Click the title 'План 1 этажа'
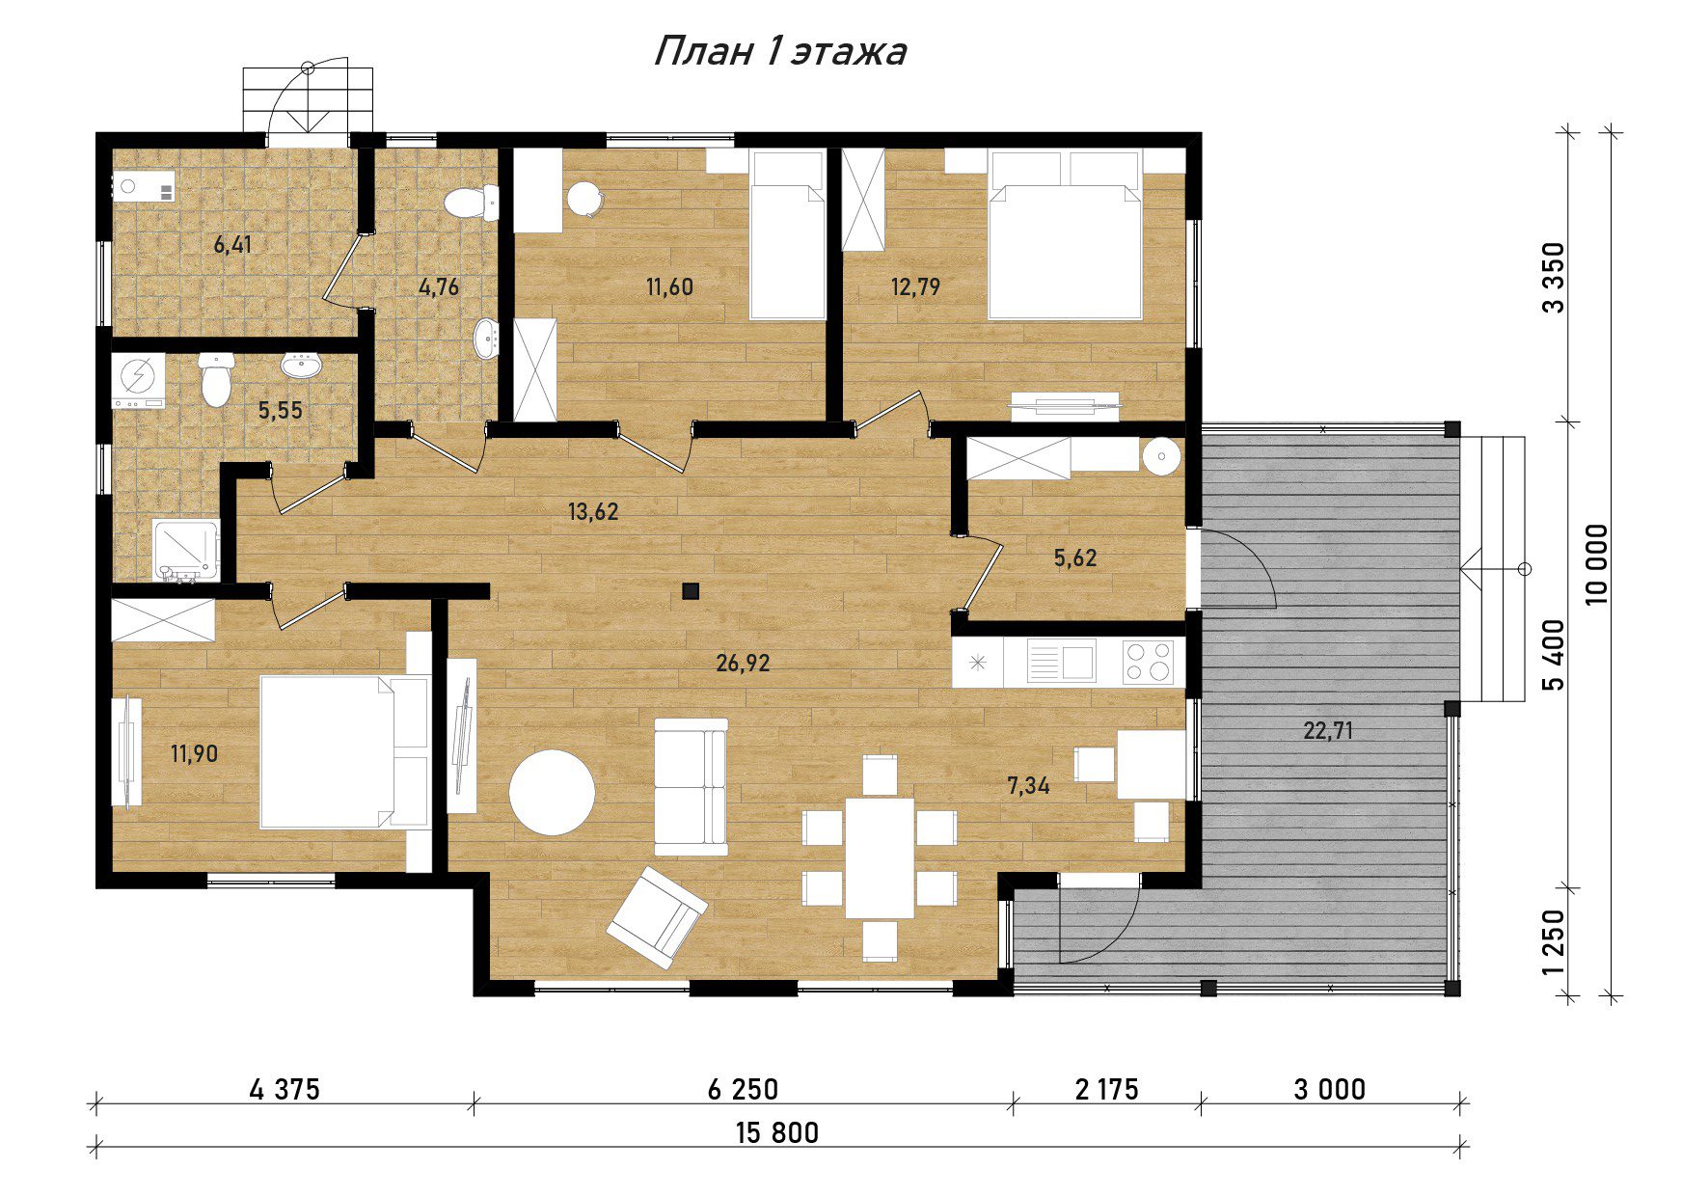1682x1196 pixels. pyautogui.click(x=779, y=51)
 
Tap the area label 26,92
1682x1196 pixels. pyautogui.click(x=743, y=663)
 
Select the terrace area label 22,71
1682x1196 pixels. pyautogui.click(x=1328, y=731)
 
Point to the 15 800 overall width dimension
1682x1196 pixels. pyautogui.click(x=777, y=1132)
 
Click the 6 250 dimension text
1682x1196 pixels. pyautogui.click(x=743, y=1090)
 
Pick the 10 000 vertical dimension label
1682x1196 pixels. pyautogui.click(x=1597, y=564)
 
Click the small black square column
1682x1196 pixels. pyautogui.click(x=690, y=591)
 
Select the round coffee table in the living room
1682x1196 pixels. pyautogui.click(x=552, y=793)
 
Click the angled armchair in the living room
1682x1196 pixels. pyautogui.click(x=657, y=916)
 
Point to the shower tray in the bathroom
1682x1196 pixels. pyautogui.click(x=186, y=551)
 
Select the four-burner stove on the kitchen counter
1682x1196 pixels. pyautogui.click(x=1148, y=663)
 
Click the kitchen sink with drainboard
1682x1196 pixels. pyautogui.click(x=1060, y=663)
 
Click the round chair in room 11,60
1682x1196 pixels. pyautogui.click(x=584, y=200)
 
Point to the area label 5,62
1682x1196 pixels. pyautogui.click(x=1075, y=557)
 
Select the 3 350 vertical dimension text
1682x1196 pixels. pyautogui.click(x=1552, y=278)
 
